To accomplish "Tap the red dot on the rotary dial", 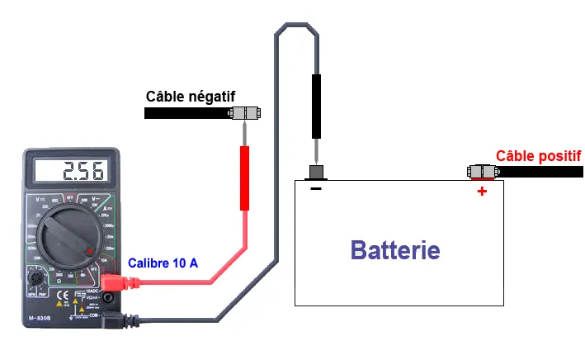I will pyautogui.click(x=90, y=251).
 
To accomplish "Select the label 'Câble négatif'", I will pyautogui.click(x=190, y=97).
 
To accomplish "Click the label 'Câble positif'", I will pyautogui.click(x=538, y=155).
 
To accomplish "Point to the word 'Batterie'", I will pyautogui.click(x=395, y=249).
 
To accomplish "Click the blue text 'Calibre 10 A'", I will pyautogui.click(x=163, y=263).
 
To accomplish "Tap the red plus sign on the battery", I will pyautogui.click(x=482, y=191).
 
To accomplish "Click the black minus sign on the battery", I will pyautogui.click(x=316, y=188).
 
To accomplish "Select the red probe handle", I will pyautogui.click(x=244, y=178).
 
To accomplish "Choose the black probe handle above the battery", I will pyautogui.click(x=316, y=106).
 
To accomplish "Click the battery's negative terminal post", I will pyautogui.click(x=316, y=172).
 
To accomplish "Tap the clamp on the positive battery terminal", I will pyautogui.click(x=483, y=172).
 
